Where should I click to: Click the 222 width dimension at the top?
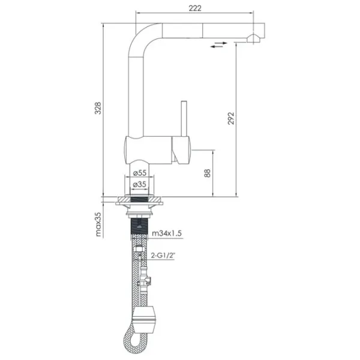195,8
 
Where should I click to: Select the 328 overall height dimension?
98,108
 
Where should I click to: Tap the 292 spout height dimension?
231,118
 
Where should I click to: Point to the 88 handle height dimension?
207,173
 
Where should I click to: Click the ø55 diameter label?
140,173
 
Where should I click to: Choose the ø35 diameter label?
140,184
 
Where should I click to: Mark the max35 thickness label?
98,224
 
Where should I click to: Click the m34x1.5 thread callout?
167,233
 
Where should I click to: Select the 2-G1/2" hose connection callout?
163,255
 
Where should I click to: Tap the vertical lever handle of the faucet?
184,118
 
